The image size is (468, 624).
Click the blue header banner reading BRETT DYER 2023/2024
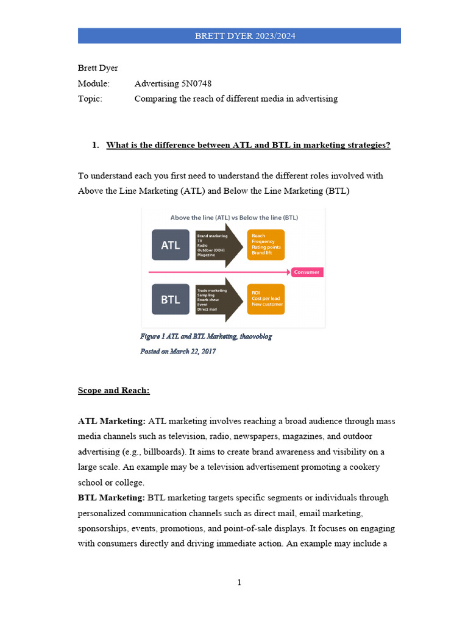239,36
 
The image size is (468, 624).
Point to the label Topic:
90,99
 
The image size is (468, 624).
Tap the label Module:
93,83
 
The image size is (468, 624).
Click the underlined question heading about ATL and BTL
248,145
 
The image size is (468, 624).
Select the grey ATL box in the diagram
170,245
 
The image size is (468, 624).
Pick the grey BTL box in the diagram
170,299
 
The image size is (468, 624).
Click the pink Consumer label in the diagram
307,272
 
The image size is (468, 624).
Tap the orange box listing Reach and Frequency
266,245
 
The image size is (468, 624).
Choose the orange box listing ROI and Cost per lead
266,299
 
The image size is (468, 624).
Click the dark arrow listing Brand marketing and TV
215,245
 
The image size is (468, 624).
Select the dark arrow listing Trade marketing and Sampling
215,299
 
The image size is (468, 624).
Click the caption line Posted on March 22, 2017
178,352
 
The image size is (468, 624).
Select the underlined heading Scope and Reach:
114,391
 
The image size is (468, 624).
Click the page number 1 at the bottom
239,583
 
